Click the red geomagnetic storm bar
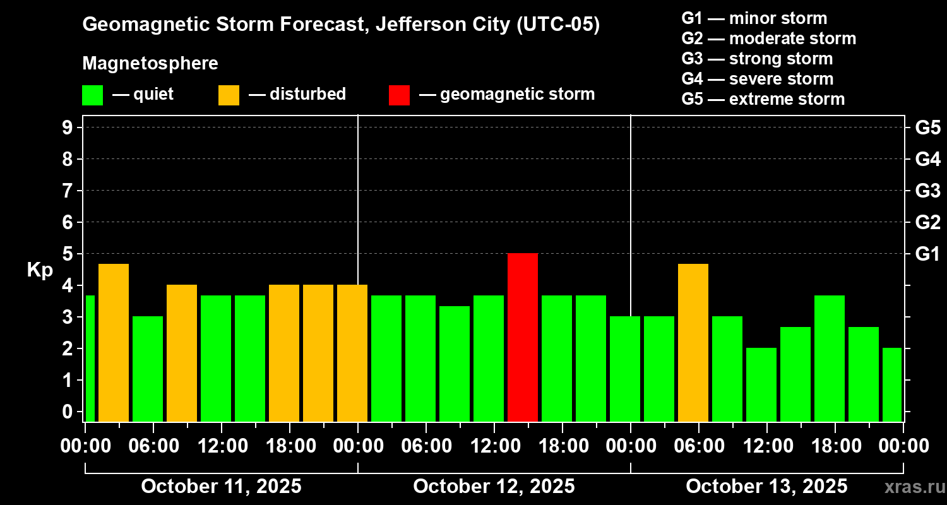(x=523, y=337)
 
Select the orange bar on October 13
(x=693, y=342)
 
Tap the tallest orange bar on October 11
(x=114, y=342)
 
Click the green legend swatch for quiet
(x=92, y=95)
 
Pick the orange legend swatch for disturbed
(x=229, y=95)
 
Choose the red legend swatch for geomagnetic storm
(x=399, y=95)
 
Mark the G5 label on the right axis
(x=927, y=128)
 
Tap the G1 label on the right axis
(x=927, y=254)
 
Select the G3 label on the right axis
(x=927, y=191)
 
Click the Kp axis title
(x=39, y=270)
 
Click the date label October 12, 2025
(x=494, y=487)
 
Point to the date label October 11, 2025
(x=221, y=487)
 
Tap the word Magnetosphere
(x=150, y=64)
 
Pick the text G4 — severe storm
(x=758, y=79)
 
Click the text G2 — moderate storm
(x=769, y=39)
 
